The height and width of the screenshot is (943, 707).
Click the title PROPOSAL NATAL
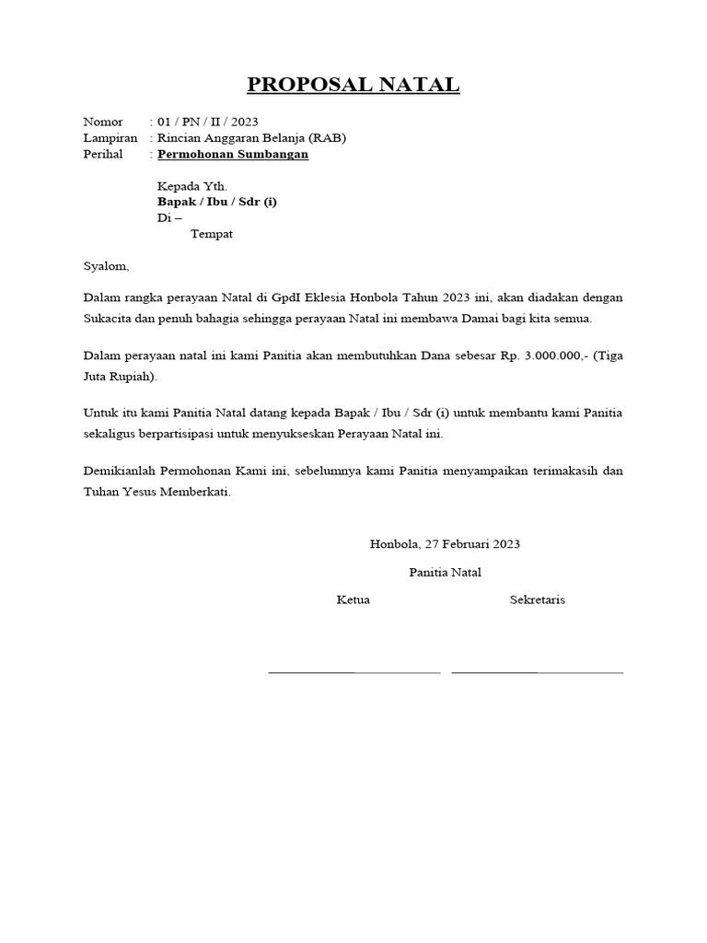pyautogui.click(x=353, y=86)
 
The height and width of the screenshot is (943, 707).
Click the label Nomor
pyautogui.click(x=102, y=122)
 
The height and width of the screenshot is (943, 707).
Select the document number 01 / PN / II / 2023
pyautogui.click(x=208, y=122)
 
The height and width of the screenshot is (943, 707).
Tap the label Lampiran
pyautogui.click(x=110, y=138)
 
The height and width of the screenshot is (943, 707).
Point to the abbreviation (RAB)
pyautogui.click(x=328, y=138)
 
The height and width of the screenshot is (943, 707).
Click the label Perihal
pyautogui.click(x=102, y=155)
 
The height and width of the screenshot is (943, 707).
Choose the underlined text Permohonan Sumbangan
pyautogui.click(x=233, y=155)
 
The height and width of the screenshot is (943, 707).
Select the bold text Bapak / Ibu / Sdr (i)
pyautogui.click(x=217, y=202)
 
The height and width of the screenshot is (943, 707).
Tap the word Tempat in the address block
pyautogui.click(x=212, y=234)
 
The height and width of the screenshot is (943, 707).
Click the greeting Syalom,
pyautogui.click(x=107, y=267)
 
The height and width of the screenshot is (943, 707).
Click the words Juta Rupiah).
pyautogui.click(x=120, y=377)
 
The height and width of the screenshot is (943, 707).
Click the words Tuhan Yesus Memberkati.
pyautogui.click(x=157, y=492)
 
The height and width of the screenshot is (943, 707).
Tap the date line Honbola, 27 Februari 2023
pyautogui.click(x=445, y=544)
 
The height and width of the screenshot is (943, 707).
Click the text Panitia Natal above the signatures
pyautogui.click(x=445, y=573)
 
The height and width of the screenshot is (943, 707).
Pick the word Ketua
pyautogui.click(x=353, y=600)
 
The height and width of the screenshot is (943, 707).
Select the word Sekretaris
pyautogui.click(x=538, y=600)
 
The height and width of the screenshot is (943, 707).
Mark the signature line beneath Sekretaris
pyautogui.click(x=538, y=672)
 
